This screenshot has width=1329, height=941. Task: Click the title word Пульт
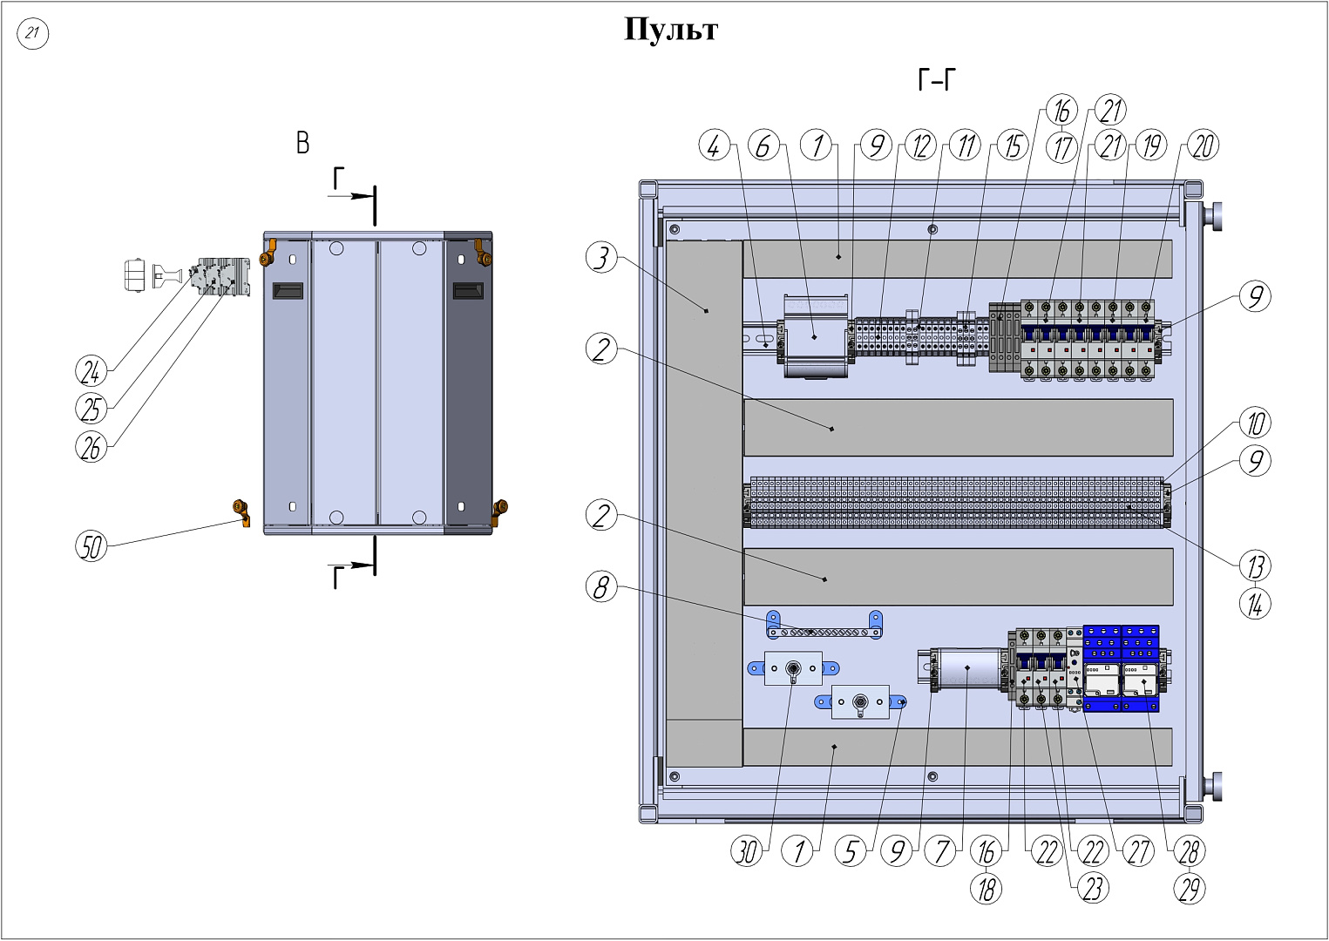coord(670,30)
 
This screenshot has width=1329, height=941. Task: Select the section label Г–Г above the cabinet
coord(936,81)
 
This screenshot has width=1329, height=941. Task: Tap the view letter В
coord(302,143)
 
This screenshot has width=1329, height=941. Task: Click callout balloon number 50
coord(91,546)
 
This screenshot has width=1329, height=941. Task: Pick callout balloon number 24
coord(91,372)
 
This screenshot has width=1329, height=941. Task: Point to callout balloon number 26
coord(91,447)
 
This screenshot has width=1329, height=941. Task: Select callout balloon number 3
coord(601,258)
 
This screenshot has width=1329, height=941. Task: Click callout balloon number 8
coord(601,587)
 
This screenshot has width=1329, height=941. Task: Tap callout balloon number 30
coord(747,850)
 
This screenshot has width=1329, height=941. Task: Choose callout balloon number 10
coord(1255,423)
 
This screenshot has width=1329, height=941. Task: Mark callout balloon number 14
coord(1255,604)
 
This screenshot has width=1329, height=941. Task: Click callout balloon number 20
coord(1203,146)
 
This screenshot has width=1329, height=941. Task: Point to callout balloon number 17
coord(1061,147)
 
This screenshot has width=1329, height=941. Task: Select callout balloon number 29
coord(1190,888)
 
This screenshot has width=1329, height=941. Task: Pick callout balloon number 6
coord(763,146)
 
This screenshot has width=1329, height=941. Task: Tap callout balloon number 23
coord(1092,888)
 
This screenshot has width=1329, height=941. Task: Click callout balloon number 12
coord(920,146)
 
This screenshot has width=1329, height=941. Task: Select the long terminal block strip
coord(956,503)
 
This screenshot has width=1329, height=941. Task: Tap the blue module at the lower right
coord(1122,668)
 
